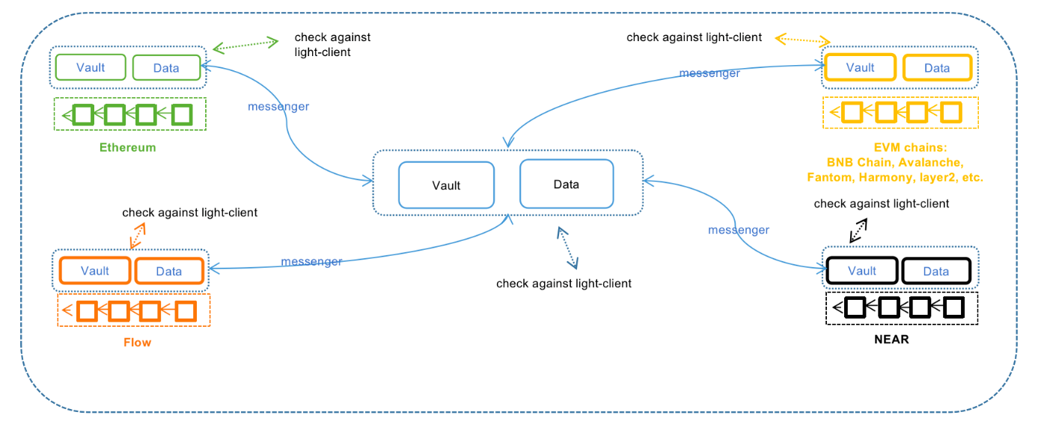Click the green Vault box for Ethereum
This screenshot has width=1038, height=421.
(x=91, y=67)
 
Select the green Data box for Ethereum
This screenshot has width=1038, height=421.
(x=166, y=67)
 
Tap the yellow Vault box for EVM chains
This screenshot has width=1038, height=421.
(x=860, y=67)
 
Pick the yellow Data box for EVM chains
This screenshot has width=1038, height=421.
(x=937, y=67)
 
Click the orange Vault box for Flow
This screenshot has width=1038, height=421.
(x=95, y=271)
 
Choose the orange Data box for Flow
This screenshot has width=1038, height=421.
(x=169, y=271)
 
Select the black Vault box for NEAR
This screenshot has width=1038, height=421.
(x=862, y=271)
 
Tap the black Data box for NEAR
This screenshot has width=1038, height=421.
(x=936, y=271)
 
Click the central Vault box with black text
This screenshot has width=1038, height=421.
(x=446, y=185)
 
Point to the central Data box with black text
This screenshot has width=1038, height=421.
(x=567, y=184)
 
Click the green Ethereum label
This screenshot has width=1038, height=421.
(x=127, y=147)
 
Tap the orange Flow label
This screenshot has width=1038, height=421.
(x=137, y=342)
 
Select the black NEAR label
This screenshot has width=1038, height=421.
(x=891, y=339)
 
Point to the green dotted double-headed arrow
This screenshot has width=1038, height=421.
(x=245, y=45)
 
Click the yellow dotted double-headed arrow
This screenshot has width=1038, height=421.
(x=802, y=40)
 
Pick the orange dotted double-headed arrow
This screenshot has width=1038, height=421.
(x=138, y=236)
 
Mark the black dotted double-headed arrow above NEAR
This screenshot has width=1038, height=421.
(x=858, y=230)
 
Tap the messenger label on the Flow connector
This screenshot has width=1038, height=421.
(x=311, y=262)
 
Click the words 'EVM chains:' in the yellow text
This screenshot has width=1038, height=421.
(x=911, y=147)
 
